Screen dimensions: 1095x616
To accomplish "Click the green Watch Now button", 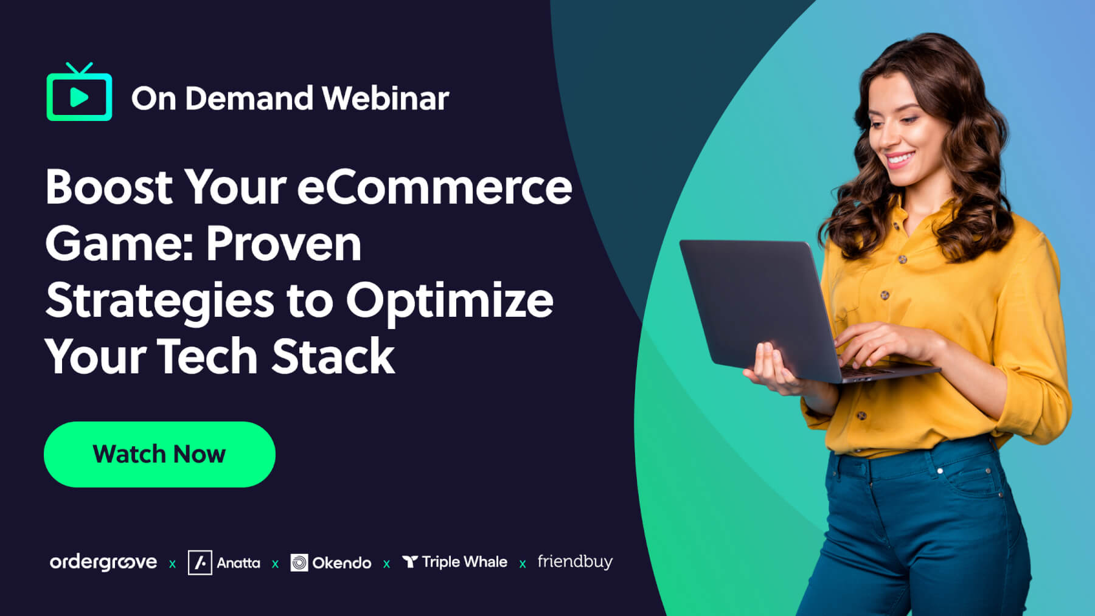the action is (159, 454).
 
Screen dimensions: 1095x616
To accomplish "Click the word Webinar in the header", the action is (386, 98).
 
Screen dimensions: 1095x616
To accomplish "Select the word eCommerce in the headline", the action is (434, 187).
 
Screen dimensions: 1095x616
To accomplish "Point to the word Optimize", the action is (450, 301).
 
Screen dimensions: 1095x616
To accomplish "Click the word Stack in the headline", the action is (333, 356).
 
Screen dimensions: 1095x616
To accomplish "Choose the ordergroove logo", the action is (103, 562).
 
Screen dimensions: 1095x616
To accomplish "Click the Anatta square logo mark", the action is (200, 562).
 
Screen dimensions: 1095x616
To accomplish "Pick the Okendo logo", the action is (331, 562).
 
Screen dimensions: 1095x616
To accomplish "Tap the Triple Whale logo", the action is (454, 562).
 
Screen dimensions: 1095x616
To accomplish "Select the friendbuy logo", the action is (575, 562).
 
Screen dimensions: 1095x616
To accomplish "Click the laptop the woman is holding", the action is (797, 310).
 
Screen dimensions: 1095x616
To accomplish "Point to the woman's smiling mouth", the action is (899, 161).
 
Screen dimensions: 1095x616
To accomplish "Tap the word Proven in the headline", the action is (283, 244).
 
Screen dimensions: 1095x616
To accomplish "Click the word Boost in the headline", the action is (109, 187).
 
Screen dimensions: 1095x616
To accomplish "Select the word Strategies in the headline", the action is (160, 301).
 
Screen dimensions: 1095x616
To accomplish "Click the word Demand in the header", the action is (249, 98).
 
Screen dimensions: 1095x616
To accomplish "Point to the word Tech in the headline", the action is (207, 356).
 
